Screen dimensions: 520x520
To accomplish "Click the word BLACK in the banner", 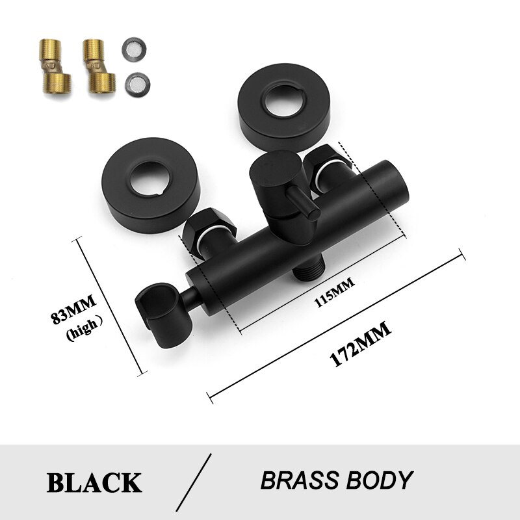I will pos(94,482).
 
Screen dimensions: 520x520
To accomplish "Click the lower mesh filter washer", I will pos(135,82).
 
